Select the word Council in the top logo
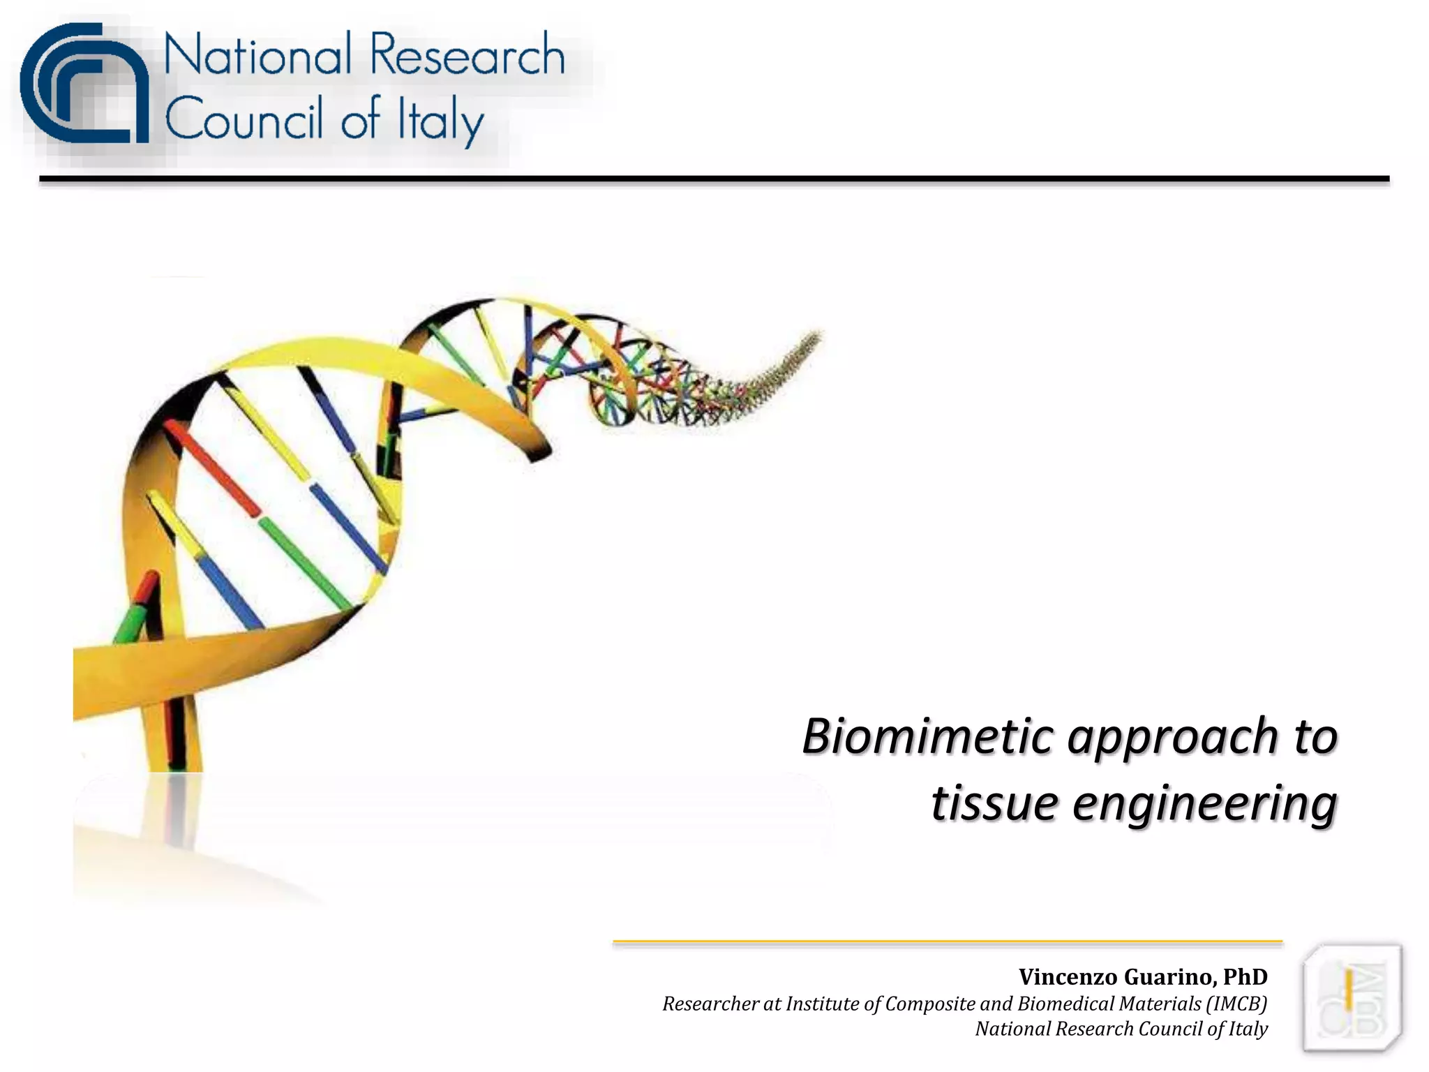pyautogui.click(x=244, y=119)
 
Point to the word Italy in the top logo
pyautogui.click(x=440, y=120)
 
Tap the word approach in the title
pyautogui.click(x=1174, y=738)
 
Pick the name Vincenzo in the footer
pyautogui.click(x=1068, y=976)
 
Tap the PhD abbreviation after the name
pyautogui.click(x=1245, y=976)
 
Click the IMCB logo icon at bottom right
pyautogui.click(x=1352, y=998)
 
